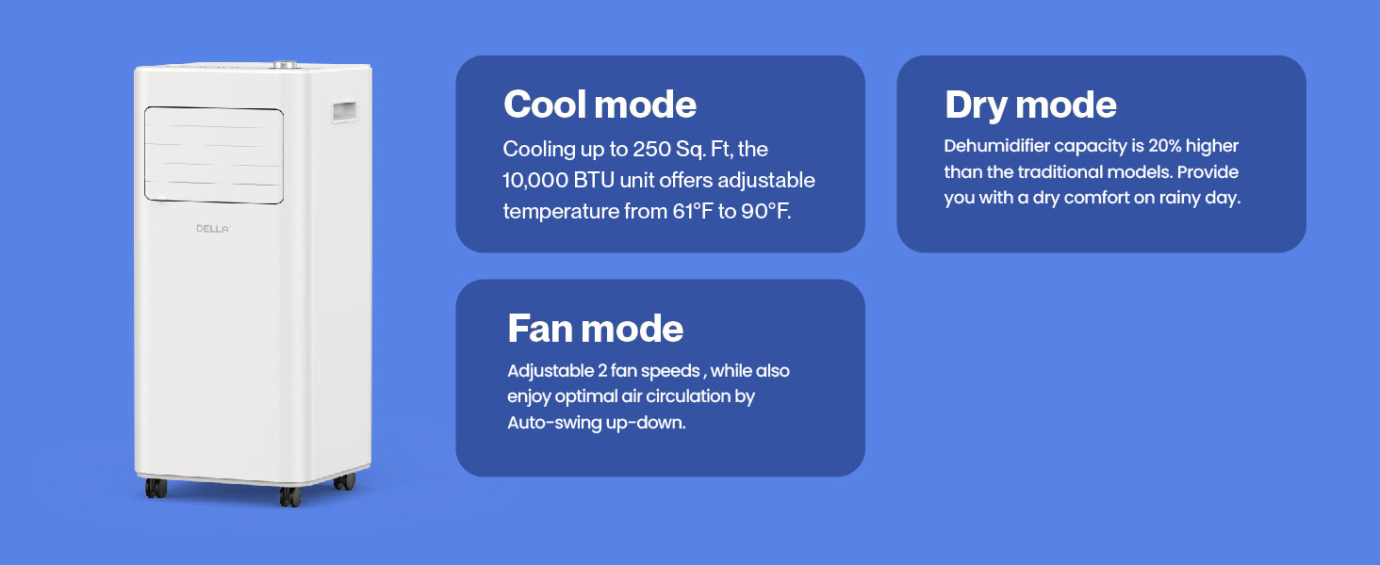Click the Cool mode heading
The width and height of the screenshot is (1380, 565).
pyautogui.click(x=600, y=104)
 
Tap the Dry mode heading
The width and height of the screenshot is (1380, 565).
pyautogui.click(x=1030, y=105)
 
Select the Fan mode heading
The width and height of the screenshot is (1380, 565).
pyautogui.click(x=595, y=328)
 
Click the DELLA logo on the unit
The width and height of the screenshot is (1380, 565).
pyautogui.click(x=212, y=229)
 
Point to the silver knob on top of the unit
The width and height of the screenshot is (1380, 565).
pyautogui.click(x=286, y=64)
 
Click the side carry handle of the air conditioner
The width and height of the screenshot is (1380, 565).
pyautogui.click(x=344, y=111)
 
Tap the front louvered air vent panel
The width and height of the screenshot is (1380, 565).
pyautogui.click(x=214, y=155)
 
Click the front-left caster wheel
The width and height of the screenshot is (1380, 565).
pyautogui.click(x=156, y=488)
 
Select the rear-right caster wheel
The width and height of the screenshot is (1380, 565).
pyautogui.click(x=344, y=481)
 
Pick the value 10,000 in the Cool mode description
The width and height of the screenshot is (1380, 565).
pyautogui.click(x=534, y=181)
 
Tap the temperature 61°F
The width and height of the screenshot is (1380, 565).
pyautogui.click(x=693, y=212)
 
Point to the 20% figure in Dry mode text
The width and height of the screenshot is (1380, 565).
pyautogui.click(x=1164, y=146)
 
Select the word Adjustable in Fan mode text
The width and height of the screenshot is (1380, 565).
pyautogui.click(x=550, y=371)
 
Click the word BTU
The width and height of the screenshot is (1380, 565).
pyautogui.click(x=594, y=181)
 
